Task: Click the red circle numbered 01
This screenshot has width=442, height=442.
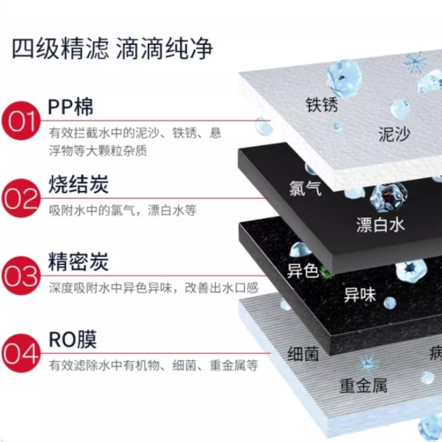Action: [x=21, y=120]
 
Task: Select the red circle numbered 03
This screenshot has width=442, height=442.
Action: [x=21, y=275]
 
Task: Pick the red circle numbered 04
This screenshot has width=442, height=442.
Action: [x=21, y=352]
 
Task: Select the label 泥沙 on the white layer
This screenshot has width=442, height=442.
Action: [x=394, y=134]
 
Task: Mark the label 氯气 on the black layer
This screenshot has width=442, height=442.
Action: [x=304, y=190]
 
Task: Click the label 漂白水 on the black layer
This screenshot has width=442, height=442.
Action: [x=381, y=224]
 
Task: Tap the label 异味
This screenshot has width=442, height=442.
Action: [x=360, y=294]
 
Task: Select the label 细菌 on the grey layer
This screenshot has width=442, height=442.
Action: [x=303, y=354]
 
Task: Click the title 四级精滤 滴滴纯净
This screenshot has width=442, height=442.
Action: [x=113, y=49]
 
